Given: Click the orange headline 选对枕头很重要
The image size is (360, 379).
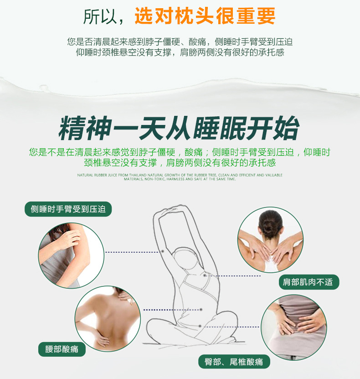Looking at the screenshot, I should point(205,16).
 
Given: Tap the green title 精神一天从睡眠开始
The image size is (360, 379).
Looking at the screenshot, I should point(179,129).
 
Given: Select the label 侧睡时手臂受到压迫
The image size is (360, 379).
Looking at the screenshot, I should point(68,209).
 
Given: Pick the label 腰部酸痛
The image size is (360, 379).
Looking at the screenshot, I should point(62,349).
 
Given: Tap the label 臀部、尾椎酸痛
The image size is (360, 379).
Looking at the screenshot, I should point(234,362).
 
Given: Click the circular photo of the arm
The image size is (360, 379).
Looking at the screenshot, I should point(71,256).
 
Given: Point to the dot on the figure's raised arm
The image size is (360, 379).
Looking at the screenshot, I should point(162,251).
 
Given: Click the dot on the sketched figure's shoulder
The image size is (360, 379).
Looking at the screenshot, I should point(206,275).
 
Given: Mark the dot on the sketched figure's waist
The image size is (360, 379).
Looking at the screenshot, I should point(201,310).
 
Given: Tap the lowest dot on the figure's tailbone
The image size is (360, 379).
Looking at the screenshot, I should point(200,326).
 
